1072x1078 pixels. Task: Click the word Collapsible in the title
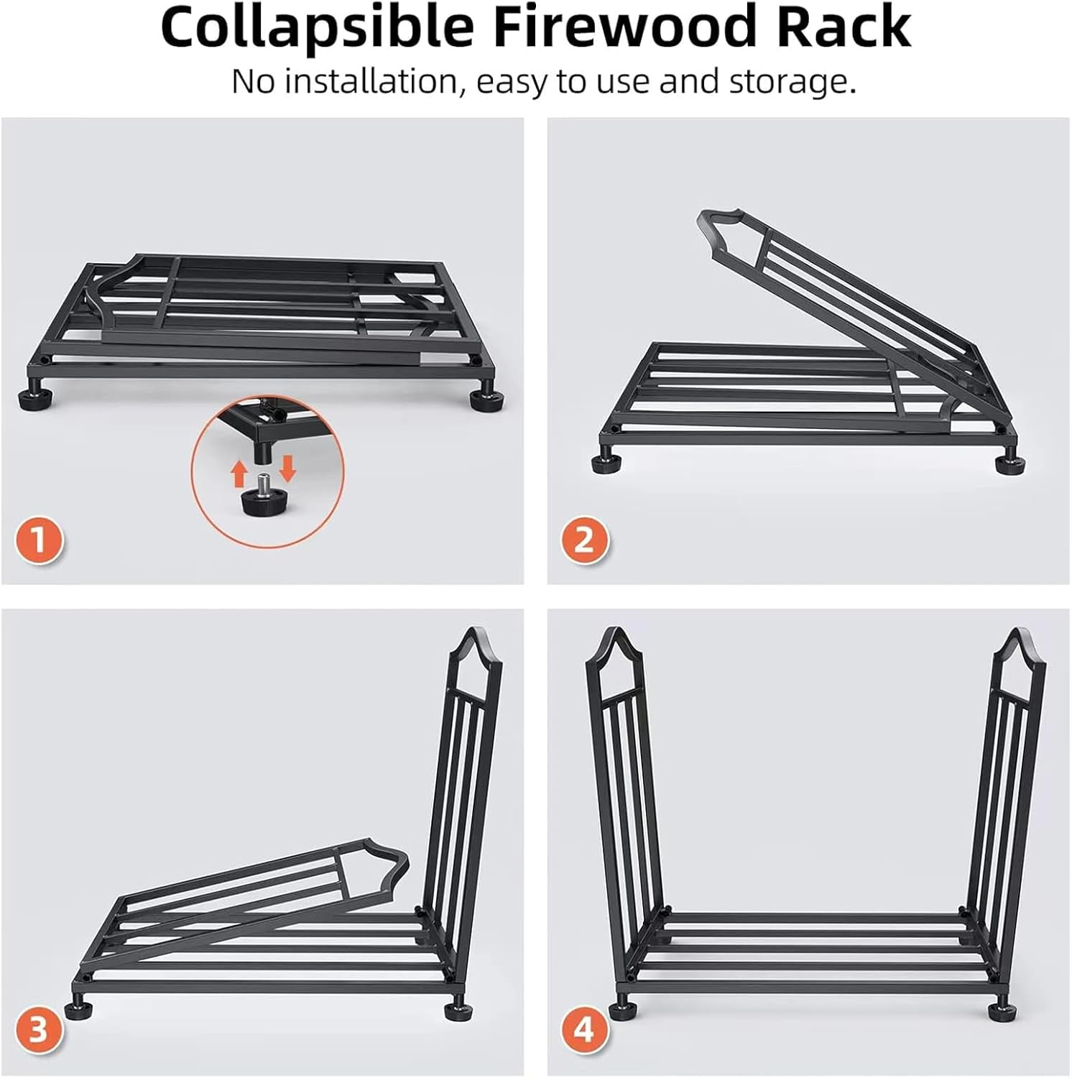pos(317,28)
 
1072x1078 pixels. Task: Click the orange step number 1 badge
pos(39,539)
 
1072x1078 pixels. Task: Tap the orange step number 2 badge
pos(584,539)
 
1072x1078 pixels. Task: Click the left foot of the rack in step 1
pos(31,397)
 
